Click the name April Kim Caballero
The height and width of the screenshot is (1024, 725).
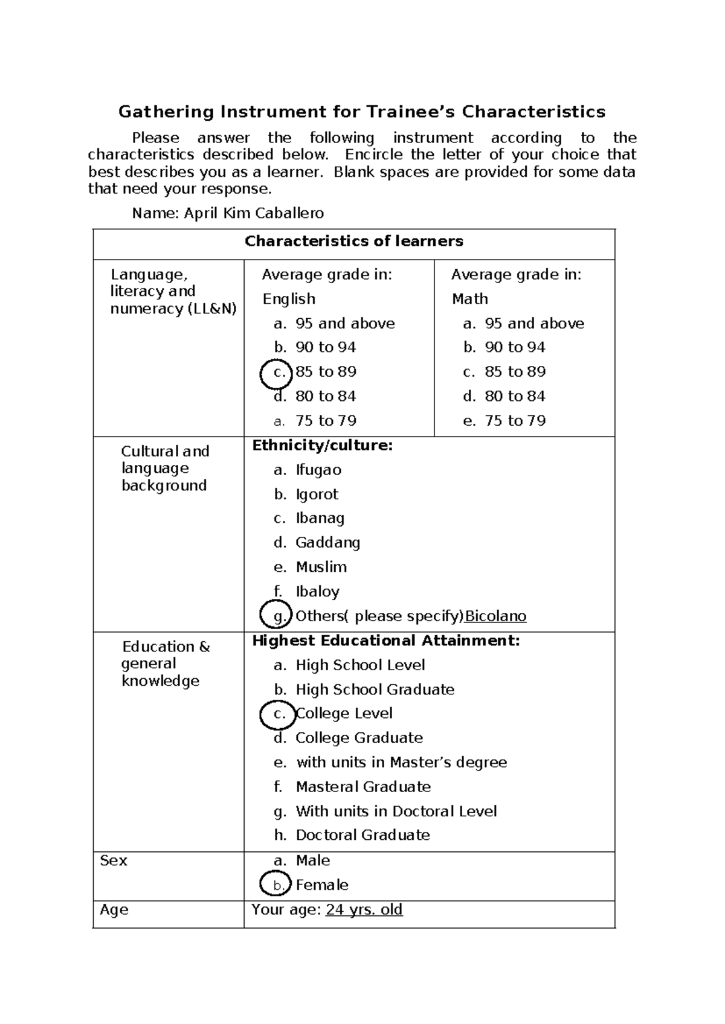[x=254, y=213]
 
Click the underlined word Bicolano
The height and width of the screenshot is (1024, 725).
[x=495, y=616]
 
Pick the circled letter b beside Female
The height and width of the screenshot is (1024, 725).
[x=277, y=885]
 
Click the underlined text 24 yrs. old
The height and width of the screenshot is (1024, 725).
[x=364, y=910]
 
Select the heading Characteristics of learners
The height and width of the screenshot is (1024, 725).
[x=353, y=242]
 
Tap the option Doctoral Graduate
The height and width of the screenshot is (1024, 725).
[x=362, y=836]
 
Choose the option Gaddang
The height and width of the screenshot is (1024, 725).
[x=327, y=543]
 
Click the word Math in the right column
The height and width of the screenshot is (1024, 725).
[x=469, y=299]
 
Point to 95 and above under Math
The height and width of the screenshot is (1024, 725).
[x=534, y=324]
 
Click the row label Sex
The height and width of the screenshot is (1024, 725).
[x=113, y=860]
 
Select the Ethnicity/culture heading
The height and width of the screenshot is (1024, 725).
[x=323, y=446]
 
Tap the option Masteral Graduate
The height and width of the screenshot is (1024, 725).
[x=363, y=787]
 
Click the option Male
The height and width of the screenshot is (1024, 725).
[x=312, y=860]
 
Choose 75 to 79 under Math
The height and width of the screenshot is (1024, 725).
[x=515, y=421]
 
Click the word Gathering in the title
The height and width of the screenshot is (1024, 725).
[x=166, y=112]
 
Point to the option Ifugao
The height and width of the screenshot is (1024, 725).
[x=318, y=470]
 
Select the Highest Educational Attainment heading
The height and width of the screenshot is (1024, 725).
[x=385, y=641]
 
